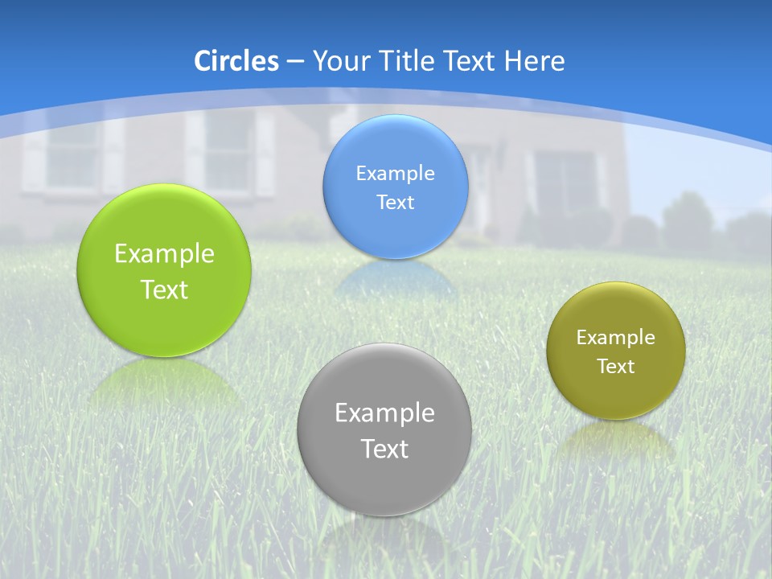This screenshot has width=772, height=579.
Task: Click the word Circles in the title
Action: (236, 61)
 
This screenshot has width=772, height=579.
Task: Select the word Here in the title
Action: (535, 61)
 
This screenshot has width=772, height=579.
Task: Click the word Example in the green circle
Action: (164, 254)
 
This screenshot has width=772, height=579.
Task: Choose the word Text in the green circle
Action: (164, 289)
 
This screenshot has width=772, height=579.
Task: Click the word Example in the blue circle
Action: (395, 174)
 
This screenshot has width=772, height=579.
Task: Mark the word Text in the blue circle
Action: (395, 203)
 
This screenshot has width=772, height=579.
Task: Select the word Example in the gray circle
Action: (384, 413)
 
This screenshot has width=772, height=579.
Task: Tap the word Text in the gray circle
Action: (384, 449)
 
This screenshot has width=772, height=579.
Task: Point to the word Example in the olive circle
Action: (616, 338)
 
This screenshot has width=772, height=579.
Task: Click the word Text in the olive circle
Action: (616, 367)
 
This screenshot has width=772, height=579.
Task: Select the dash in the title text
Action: (294, 62)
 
